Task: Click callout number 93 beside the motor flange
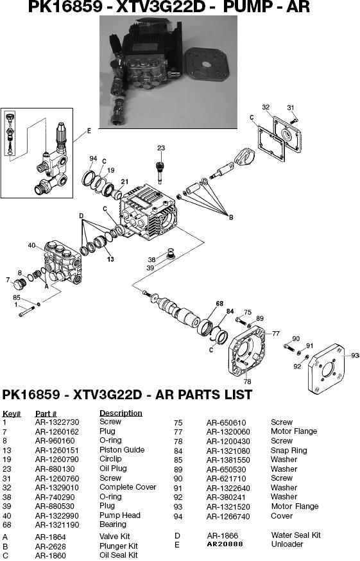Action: coord(355,356)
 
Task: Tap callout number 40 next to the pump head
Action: coord(31,245)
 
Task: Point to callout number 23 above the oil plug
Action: coord(160,148)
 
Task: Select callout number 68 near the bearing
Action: coord(219,304)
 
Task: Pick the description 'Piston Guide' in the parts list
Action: coord(121,450)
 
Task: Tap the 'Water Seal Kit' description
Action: coord(295,535)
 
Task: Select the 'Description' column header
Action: coord(121,413)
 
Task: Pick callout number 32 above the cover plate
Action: coord(266,107)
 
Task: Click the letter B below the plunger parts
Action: coord(230,218)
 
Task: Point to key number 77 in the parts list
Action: coord(178,432)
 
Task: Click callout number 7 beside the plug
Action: coord(8,280)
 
